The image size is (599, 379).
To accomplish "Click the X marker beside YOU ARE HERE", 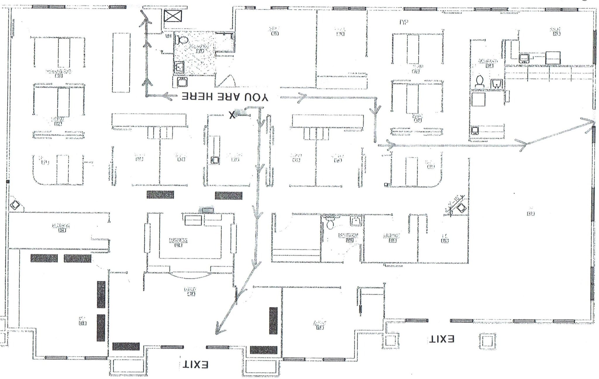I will (x=232, y=115).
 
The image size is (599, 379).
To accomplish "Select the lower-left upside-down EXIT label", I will (x=195, y=365).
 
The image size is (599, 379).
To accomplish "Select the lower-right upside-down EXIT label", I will (x=441, y=339).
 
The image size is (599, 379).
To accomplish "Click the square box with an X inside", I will (x=173, y=16).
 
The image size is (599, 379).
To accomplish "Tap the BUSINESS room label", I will (x=178, y=241).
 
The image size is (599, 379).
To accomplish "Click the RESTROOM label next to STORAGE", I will (x=348, y=235).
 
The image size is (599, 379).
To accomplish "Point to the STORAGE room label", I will (x=391, y=236).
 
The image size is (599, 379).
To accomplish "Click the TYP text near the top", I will (x=404, y=22).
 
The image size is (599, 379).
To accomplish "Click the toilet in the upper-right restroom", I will (x=479, y=81).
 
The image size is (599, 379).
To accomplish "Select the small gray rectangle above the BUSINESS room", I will (x=206, y=210).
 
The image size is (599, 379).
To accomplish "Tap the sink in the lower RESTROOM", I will (x=356, y=221).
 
